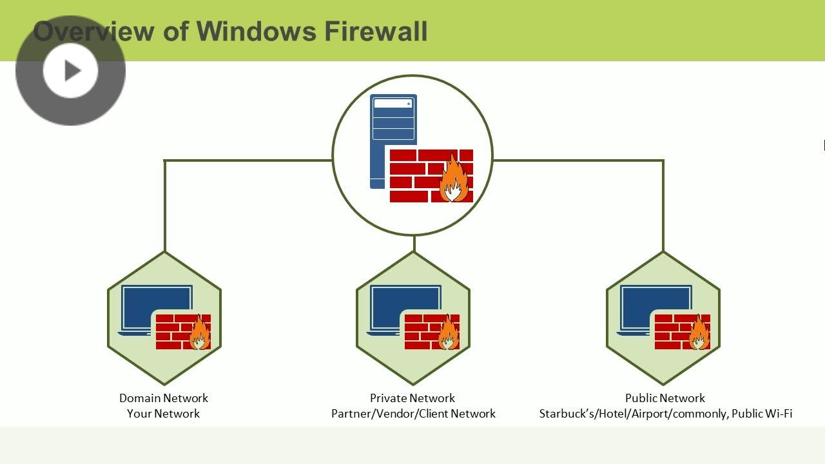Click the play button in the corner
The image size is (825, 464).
tap(70, 70)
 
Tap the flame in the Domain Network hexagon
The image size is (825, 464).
tap(200, 333)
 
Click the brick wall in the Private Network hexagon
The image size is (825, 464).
tap(422, 332)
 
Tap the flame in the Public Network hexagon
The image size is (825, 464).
tap(699, 333)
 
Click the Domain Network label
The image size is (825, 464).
tap(164, 398)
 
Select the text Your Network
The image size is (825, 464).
tap(164, 414)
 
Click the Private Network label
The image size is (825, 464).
tap(412, 398)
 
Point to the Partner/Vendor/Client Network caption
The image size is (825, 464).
tap(413, 414)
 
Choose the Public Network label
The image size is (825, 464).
tap(665, 398)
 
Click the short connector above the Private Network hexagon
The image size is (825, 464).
tap(414, 244)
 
